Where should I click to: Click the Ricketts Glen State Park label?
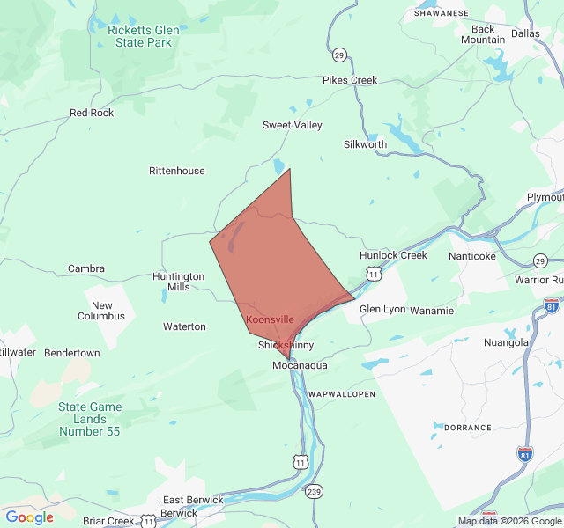coord(143,35)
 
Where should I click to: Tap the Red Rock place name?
coord(92,113)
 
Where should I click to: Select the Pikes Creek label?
coord(350,80)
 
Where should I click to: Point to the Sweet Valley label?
coord(293,125)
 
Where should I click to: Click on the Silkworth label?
coord(365,144)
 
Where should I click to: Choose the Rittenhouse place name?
coord(176,171)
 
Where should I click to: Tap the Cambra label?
coord(86,268)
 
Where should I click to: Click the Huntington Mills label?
coord(178,282)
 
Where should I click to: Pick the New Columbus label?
coord(101,311)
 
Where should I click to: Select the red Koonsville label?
coord(271,319)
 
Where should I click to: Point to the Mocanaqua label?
coord(300,365)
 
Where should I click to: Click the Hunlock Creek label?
coord(393,255)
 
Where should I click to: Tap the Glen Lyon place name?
coord(382,309)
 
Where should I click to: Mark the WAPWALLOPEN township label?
coord(341,393)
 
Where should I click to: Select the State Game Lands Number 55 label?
coord(90,419)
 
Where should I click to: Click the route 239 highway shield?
coord(315,491)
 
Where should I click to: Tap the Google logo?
coord(29,517)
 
